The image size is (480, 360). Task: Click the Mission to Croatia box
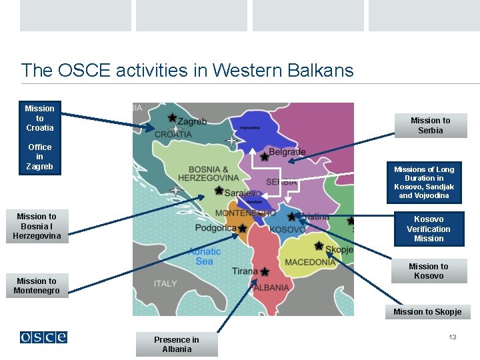click(x=39, y=118)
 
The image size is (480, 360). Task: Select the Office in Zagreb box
click(x=39, y=157)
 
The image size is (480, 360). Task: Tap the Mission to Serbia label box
click(x=430, y=125)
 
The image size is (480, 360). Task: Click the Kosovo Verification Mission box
click(x=428, y=229)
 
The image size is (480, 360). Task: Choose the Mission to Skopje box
click(x=427, y=312)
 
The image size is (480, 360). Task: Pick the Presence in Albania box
click(x=177, y=344)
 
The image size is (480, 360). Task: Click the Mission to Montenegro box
click(x=38, y=286)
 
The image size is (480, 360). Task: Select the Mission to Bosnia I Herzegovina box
click(x=37, y=226)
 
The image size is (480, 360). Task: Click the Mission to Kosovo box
click(x=428, y=271)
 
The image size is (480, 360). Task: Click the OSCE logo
click(x=43, y=337)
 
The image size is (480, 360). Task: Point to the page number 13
click(x=453, y=337)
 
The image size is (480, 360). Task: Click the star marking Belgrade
click(x=265, y=157)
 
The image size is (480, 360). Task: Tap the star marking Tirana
click(x=265, y=272)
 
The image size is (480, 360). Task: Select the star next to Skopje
click(x=319, y=245)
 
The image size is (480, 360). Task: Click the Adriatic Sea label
click(x=205, y=256)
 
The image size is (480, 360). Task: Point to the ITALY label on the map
click(x=165, y=283)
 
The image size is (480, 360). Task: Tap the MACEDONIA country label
click(x=310, y=262)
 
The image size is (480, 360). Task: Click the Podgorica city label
click(x=215, y=228)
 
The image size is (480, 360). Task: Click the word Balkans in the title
click(x=321, y=70)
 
